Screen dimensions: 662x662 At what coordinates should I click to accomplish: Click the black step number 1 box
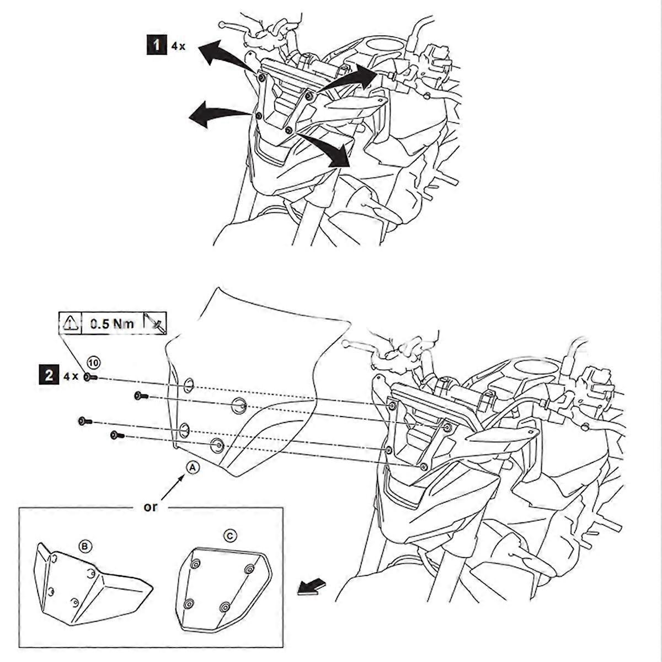(x=157, y=45)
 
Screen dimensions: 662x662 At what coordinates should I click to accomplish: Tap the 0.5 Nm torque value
(x=112, y=323)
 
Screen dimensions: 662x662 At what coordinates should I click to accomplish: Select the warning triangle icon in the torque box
(x=71, y=323)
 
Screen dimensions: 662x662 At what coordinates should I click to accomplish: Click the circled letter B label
(x=85, y=546)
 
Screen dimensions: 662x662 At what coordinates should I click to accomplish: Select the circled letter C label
(x=231, y=535)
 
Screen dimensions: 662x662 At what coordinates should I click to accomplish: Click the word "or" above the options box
(x=150, y=506)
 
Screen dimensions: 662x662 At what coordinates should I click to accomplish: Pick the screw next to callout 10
(x=91, y=377)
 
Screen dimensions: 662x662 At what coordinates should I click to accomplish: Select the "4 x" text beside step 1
(x=178, y=46)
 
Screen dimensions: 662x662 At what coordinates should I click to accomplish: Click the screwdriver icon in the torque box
(x=154, y=323)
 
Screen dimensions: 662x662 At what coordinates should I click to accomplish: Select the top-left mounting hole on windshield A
(x=188, y=385)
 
